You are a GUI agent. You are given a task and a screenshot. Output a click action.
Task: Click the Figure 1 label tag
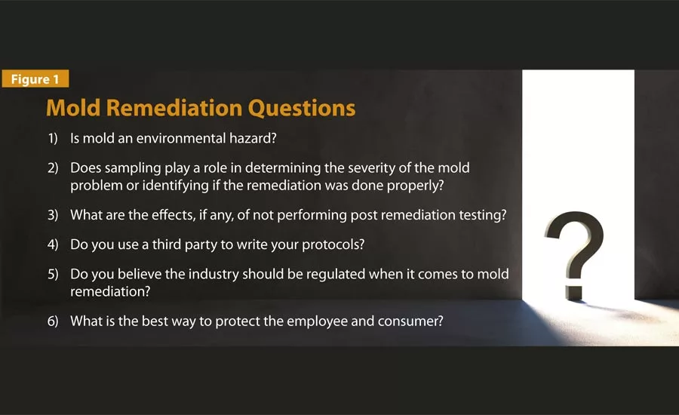click(x=35, y=78)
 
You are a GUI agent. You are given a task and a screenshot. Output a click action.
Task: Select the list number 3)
click(x=53, y=214)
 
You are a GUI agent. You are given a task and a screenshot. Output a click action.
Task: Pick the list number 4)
click(x=53, y=244)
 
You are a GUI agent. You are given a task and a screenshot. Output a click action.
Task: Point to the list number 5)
click(x=53, y=275)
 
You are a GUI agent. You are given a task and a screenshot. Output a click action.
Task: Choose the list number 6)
click(x=53, y=321)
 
